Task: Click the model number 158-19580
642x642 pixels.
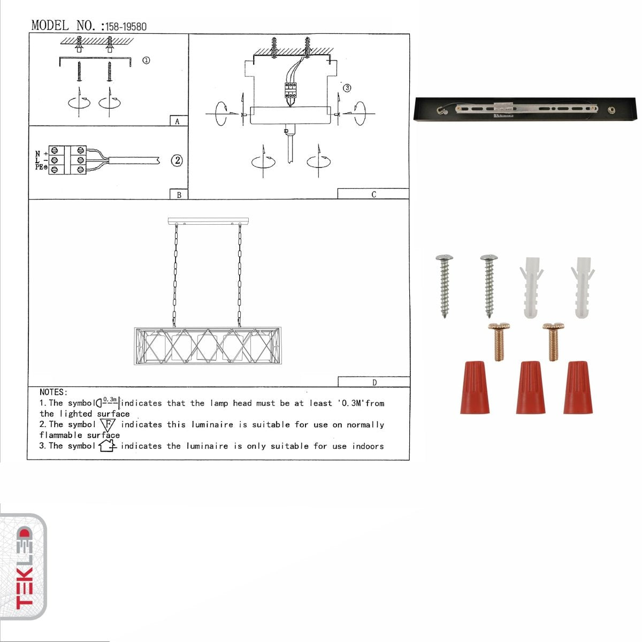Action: click(x=126, y=26)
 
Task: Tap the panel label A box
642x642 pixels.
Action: click(x=178, y=121)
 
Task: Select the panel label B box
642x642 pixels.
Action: click(x=179, y=195)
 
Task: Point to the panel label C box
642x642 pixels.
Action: click(x=373, y=194)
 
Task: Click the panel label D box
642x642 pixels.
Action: click(x=374, y=382)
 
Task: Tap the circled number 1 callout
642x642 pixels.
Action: click(x=146, y=60)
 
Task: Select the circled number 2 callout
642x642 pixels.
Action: click(x=177, y=160)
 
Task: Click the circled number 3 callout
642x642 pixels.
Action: click(x=347, y=88)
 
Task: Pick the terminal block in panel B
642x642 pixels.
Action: click(x=67, y=160)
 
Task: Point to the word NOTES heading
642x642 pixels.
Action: click(x=53, y=392)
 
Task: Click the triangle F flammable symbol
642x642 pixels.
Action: click(x=108, y=425)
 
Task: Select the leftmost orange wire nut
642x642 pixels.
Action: click(x=474, y=387)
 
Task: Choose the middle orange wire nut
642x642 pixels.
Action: click(x=530, y=387)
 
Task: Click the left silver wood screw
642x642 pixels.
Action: click(x=445, y=285)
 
